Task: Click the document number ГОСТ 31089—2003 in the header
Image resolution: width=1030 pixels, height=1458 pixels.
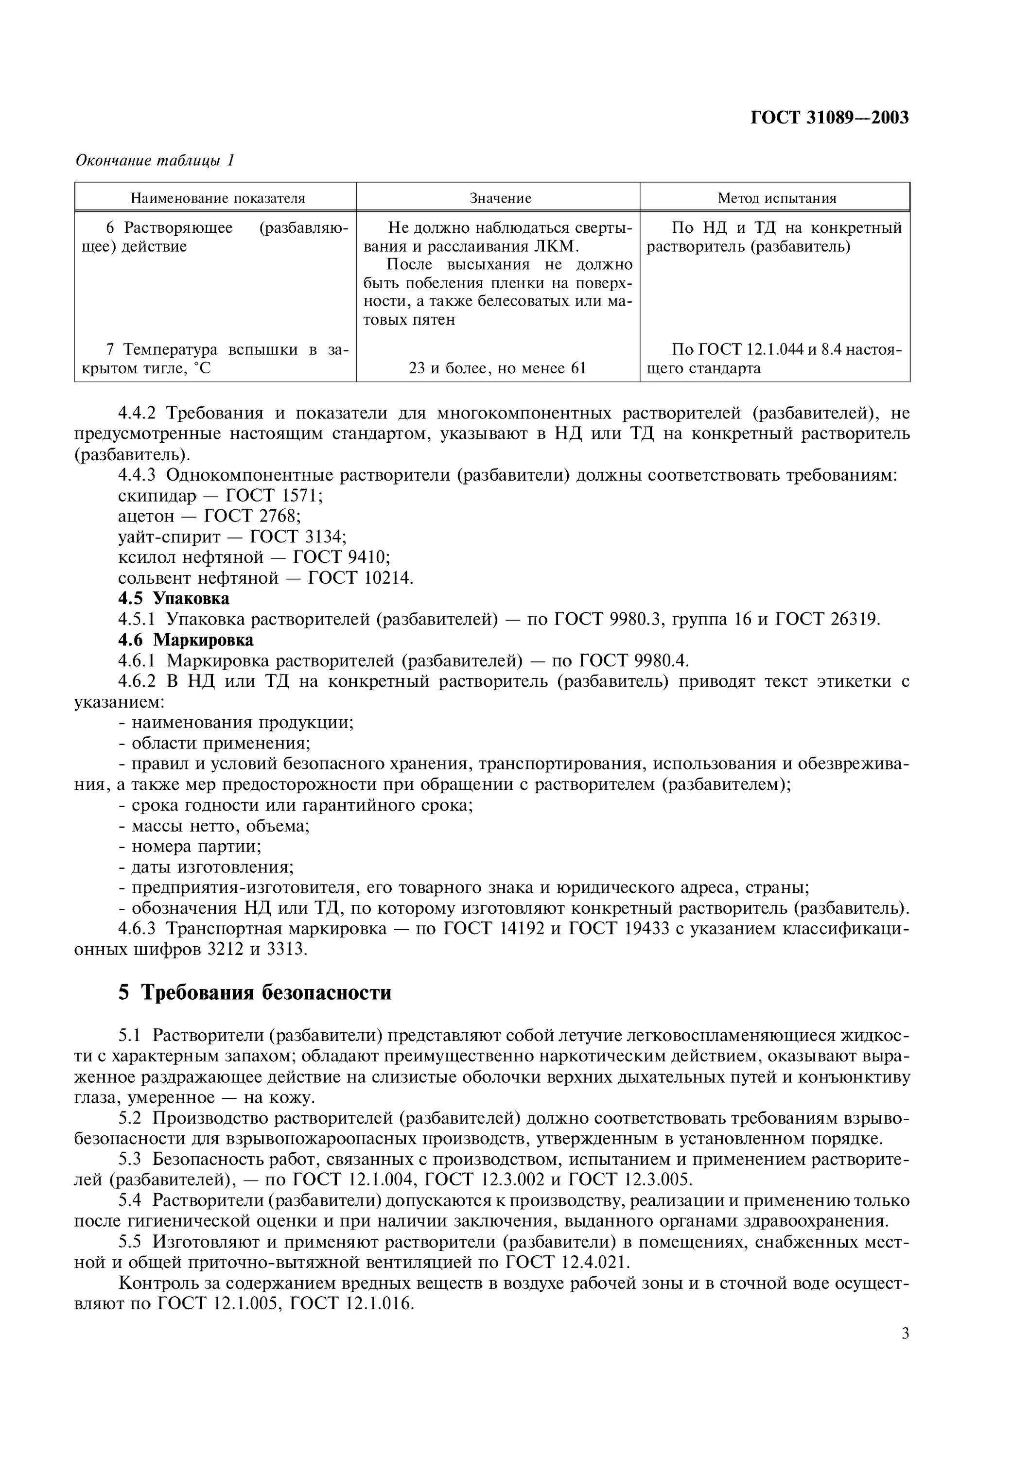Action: (x=829, y=118)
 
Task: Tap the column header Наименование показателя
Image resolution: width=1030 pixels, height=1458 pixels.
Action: (x=218, y=198)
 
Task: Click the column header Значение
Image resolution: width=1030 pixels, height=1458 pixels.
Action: (x=500, y=198)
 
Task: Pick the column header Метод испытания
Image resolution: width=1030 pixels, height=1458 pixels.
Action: (x=777, y=198)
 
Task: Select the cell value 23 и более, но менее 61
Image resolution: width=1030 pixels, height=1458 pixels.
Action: (x=497, y=368)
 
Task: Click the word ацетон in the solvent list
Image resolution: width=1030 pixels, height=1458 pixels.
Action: (x=146, y=516)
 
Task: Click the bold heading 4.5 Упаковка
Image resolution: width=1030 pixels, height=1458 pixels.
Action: (x=174, y=598)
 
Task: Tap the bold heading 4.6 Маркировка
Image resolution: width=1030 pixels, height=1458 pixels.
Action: (x=185, y=640)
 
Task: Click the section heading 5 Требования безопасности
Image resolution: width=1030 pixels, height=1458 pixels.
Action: (x=255, y=992)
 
